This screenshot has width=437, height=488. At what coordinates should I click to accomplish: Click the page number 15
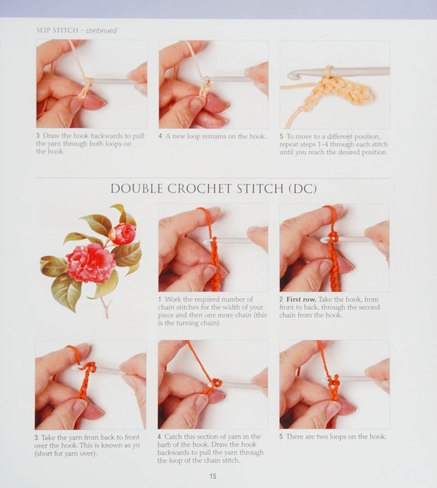click(x=213, y=476)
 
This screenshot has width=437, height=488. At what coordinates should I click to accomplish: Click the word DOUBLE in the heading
click(x=137, y=188)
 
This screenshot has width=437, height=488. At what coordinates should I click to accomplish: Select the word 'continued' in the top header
click(x=101, y=30)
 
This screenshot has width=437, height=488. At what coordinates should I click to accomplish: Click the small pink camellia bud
click(x=124, y=234)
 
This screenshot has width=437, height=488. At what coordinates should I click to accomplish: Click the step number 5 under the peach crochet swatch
click(x=281, y=136)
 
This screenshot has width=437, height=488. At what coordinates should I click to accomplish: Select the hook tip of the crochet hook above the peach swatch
click(x=292, y=75)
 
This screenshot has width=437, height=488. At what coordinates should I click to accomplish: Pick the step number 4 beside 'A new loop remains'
click(x=160, y=136)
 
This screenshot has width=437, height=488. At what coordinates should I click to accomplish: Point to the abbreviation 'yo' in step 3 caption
click(x=136, y=445)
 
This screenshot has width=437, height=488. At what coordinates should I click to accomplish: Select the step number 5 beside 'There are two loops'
click(x=281, y=437)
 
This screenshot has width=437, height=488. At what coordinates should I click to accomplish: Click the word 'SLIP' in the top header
click(x=43, y=30)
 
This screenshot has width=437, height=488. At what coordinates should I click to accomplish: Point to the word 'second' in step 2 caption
click(x=369, y=307)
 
